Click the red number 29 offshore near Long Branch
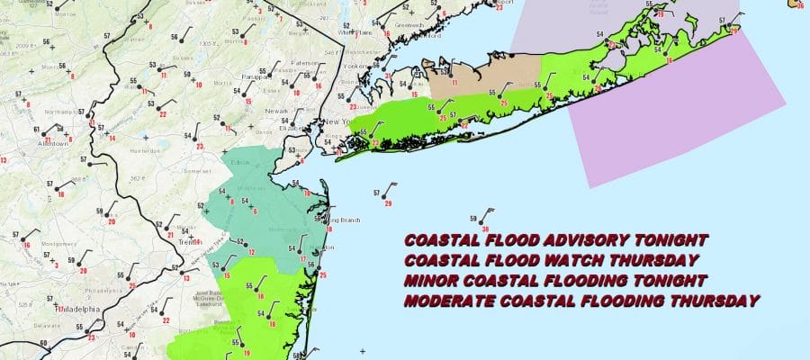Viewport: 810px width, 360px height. [388, 204]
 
